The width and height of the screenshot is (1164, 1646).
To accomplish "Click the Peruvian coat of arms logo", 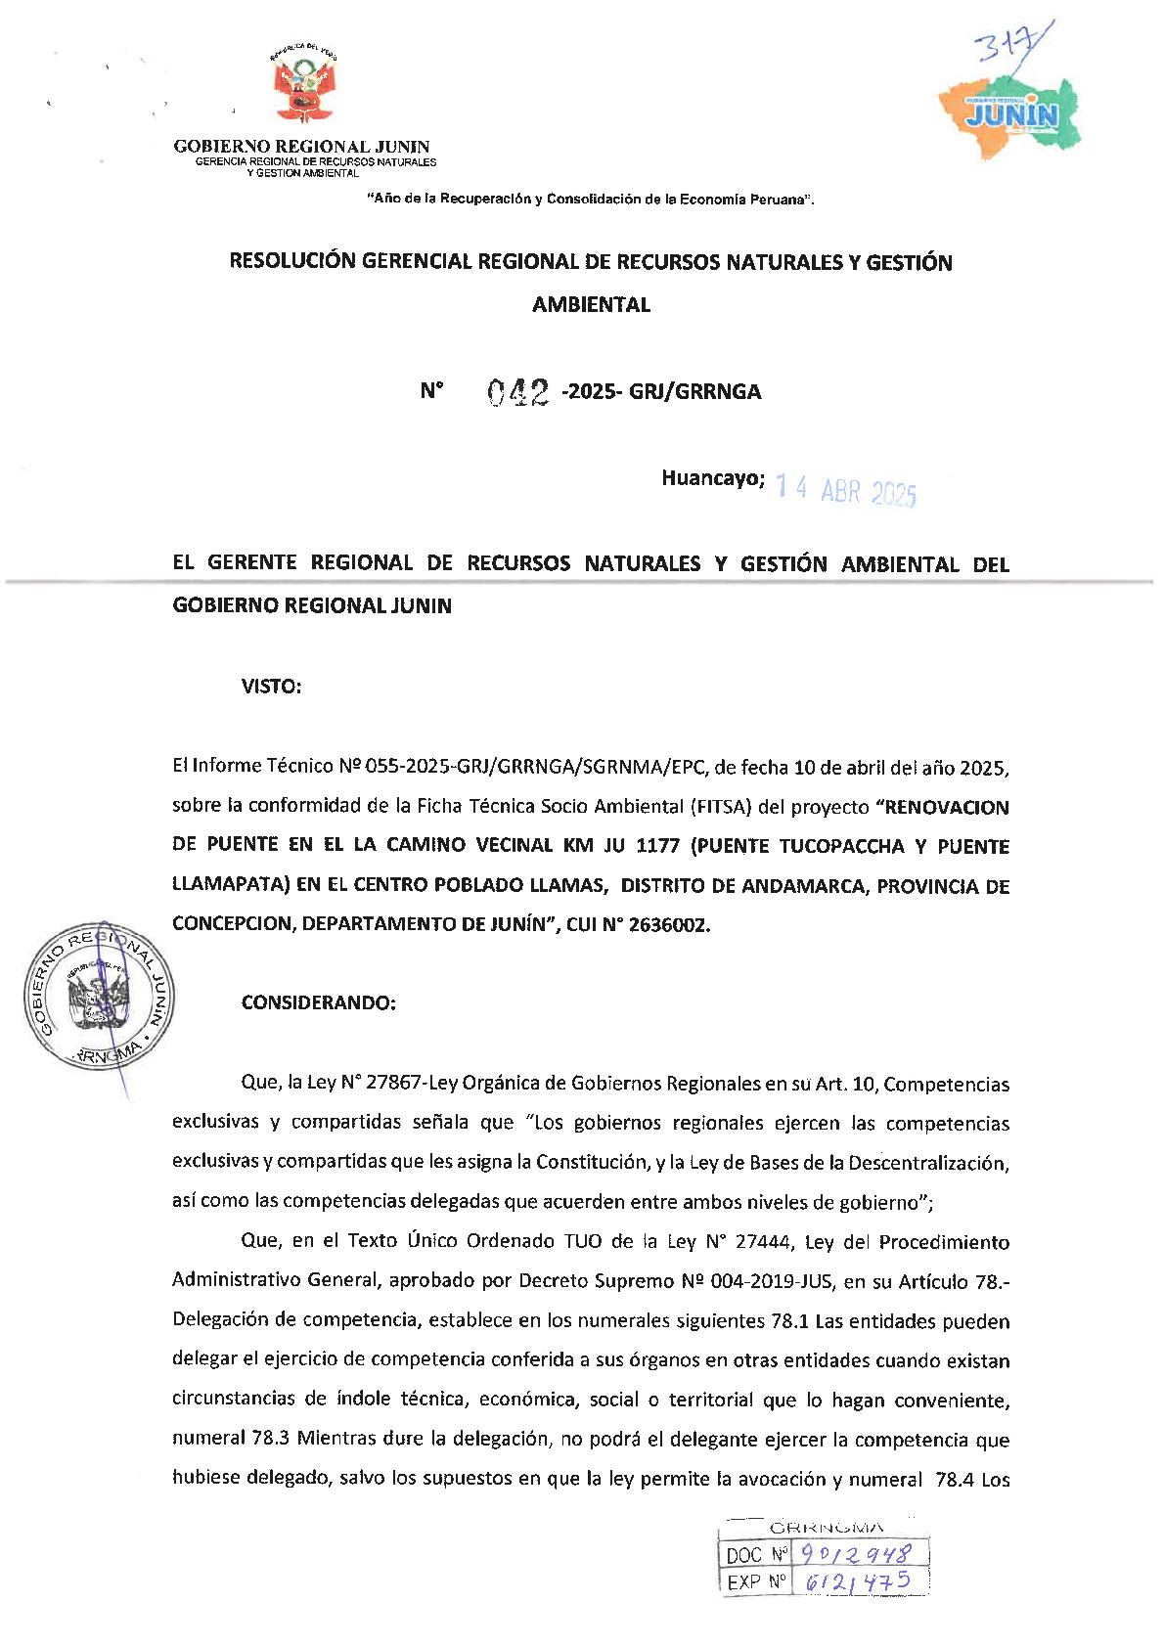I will [x=302, y=85].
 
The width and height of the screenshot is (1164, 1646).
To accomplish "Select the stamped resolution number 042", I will [x=517, y=392].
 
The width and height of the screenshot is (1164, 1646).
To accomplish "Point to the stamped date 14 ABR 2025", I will [x=845, y=490].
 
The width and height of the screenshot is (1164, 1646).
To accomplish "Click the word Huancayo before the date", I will [x=712, y=478].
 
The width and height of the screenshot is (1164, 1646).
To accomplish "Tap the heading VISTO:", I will [x=271, y=687].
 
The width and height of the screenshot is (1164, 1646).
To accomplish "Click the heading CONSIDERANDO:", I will [x=318, y=1002].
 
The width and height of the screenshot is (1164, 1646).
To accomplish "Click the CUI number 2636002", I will [x=668, y=925].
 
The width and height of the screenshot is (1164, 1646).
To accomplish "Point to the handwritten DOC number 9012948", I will [x=855, y=1554].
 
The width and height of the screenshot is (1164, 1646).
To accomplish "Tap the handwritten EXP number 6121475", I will [x=857, y=1581].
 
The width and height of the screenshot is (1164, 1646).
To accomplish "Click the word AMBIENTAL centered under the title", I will [x=591, y=305].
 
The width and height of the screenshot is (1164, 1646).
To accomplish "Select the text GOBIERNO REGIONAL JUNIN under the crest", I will [x=301, y=147].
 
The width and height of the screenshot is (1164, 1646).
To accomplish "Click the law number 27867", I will [x=393, y=1084].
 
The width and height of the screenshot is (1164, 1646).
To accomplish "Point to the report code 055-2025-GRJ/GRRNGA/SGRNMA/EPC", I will [x=534, y=767].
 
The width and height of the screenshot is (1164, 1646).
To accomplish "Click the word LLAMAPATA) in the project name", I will [x=231, y=885].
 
